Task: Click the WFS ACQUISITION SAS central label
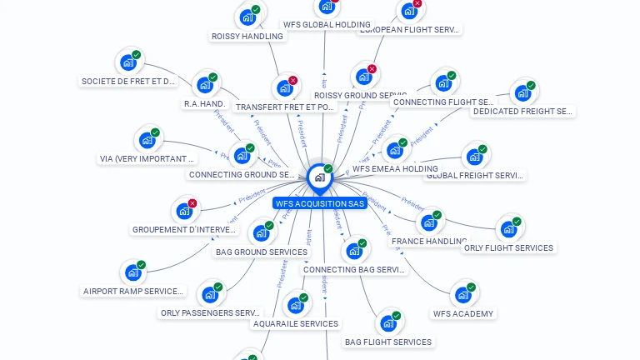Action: click(319, 202)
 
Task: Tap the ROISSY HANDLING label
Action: click(247, 36)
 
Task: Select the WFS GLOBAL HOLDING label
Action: click(326, 25)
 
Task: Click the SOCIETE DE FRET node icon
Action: click(128, 62)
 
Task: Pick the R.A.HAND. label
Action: click(205, 103)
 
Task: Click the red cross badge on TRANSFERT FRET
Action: click(292, 81)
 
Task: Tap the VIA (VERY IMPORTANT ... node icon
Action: click(147, 140)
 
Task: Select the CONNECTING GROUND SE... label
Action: click(242, 174)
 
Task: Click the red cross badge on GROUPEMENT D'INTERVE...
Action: click(192, 203)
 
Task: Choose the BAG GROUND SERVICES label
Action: click(261, 252)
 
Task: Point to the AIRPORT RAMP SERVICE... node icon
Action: click(132, 272)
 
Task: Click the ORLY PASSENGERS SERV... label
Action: click(211, 312)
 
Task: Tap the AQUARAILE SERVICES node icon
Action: click(296, 305)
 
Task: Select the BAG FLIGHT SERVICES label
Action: click(387, 342)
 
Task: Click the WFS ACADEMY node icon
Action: click(462, 294)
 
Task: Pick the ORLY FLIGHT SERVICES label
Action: click(508, 247)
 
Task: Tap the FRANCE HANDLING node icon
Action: click(428, 222)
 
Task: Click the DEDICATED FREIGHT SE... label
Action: click(522, 111)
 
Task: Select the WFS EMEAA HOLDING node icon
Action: click(394, 151)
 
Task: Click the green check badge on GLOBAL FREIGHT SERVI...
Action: click(482, 150)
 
